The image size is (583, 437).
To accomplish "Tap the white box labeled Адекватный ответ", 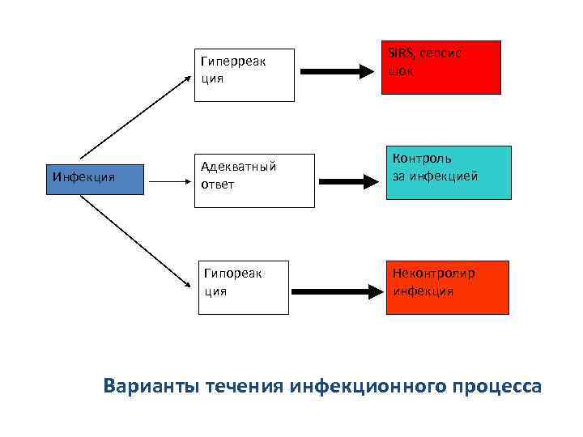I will click(253, 180).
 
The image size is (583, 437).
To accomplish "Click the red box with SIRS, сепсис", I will click(440, 67).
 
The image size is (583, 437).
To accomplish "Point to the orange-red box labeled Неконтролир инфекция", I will click(447, 287).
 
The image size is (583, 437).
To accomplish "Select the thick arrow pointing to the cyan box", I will click(348, 180).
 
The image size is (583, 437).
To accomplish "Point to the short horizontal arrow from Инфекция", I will click(168, 181).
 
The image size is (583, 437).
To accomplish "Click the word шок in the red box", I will click(401, 71).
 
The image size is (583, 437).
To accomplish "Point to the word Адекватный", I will click(239, 167).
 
